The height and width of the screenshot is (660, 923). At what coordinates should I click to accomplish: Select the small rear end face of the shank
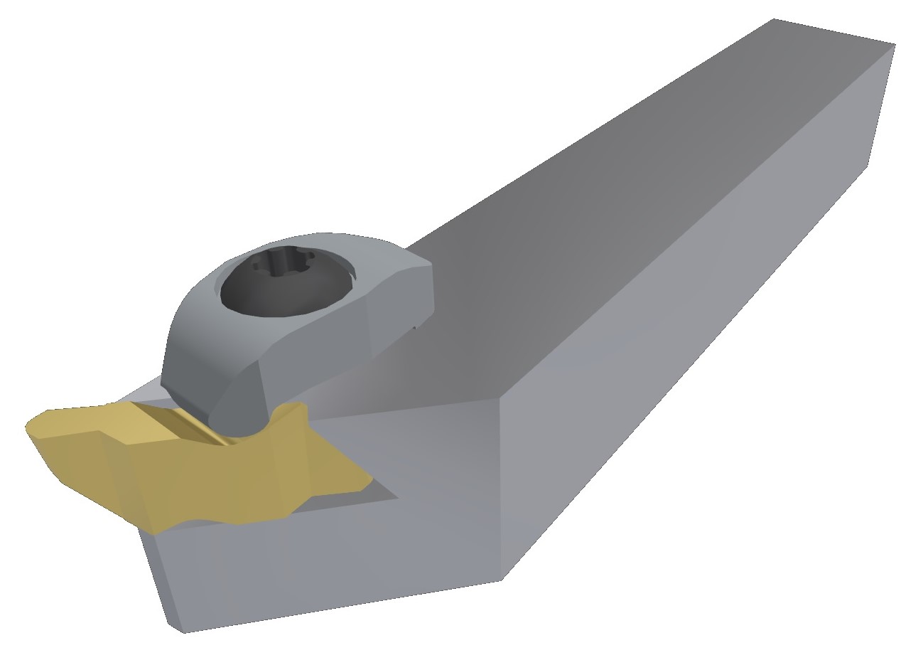[881, 107]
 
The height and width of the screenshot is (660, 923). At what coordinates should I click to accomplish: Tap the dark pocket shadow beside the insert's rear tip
[384, 491]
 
